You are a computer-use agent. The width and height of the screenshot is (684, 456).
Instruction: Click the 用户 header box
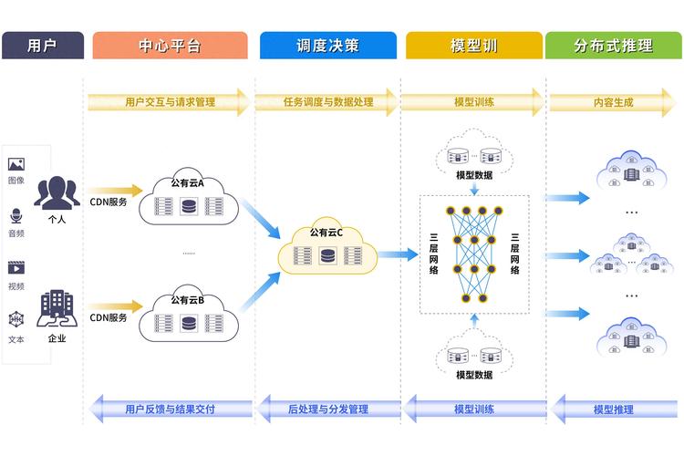(43, 46)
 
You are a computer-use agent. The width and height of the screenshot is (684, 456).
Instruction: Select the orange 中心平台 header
(170, 46)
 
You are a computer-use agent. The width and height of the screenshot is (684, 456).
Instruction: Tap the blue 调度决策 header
(327, 46)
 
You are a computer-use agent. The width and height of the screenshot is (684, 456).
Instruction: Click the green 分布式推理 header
(614, 46)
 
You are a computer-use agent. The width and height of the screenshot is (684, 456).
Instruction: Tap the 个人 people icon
(57, 192)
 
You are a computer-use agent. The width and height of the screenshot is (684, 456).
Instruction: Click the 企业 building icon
(57, 310)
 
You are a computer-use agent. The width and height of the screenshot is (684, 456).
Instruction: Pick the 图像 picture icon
(16, 165)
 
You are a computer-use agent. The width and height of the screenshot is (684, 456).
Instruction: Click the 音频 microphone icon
(16, 217)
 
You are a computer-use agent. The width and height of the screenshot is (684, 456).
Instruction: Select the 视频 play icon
(16, 268)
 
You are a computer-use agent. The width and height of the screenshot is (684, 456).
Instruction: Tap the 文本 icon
(16, 320)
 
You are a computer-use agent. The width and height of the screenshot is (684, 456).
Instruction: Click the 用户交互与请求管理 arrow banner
(169, 102)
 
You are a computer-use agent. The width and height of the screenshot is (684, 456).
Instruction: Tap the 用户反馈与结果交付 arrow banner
(169, 409)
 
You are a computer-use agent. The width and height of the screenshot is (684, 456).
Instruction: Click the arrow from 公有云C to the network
(398, 254)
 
